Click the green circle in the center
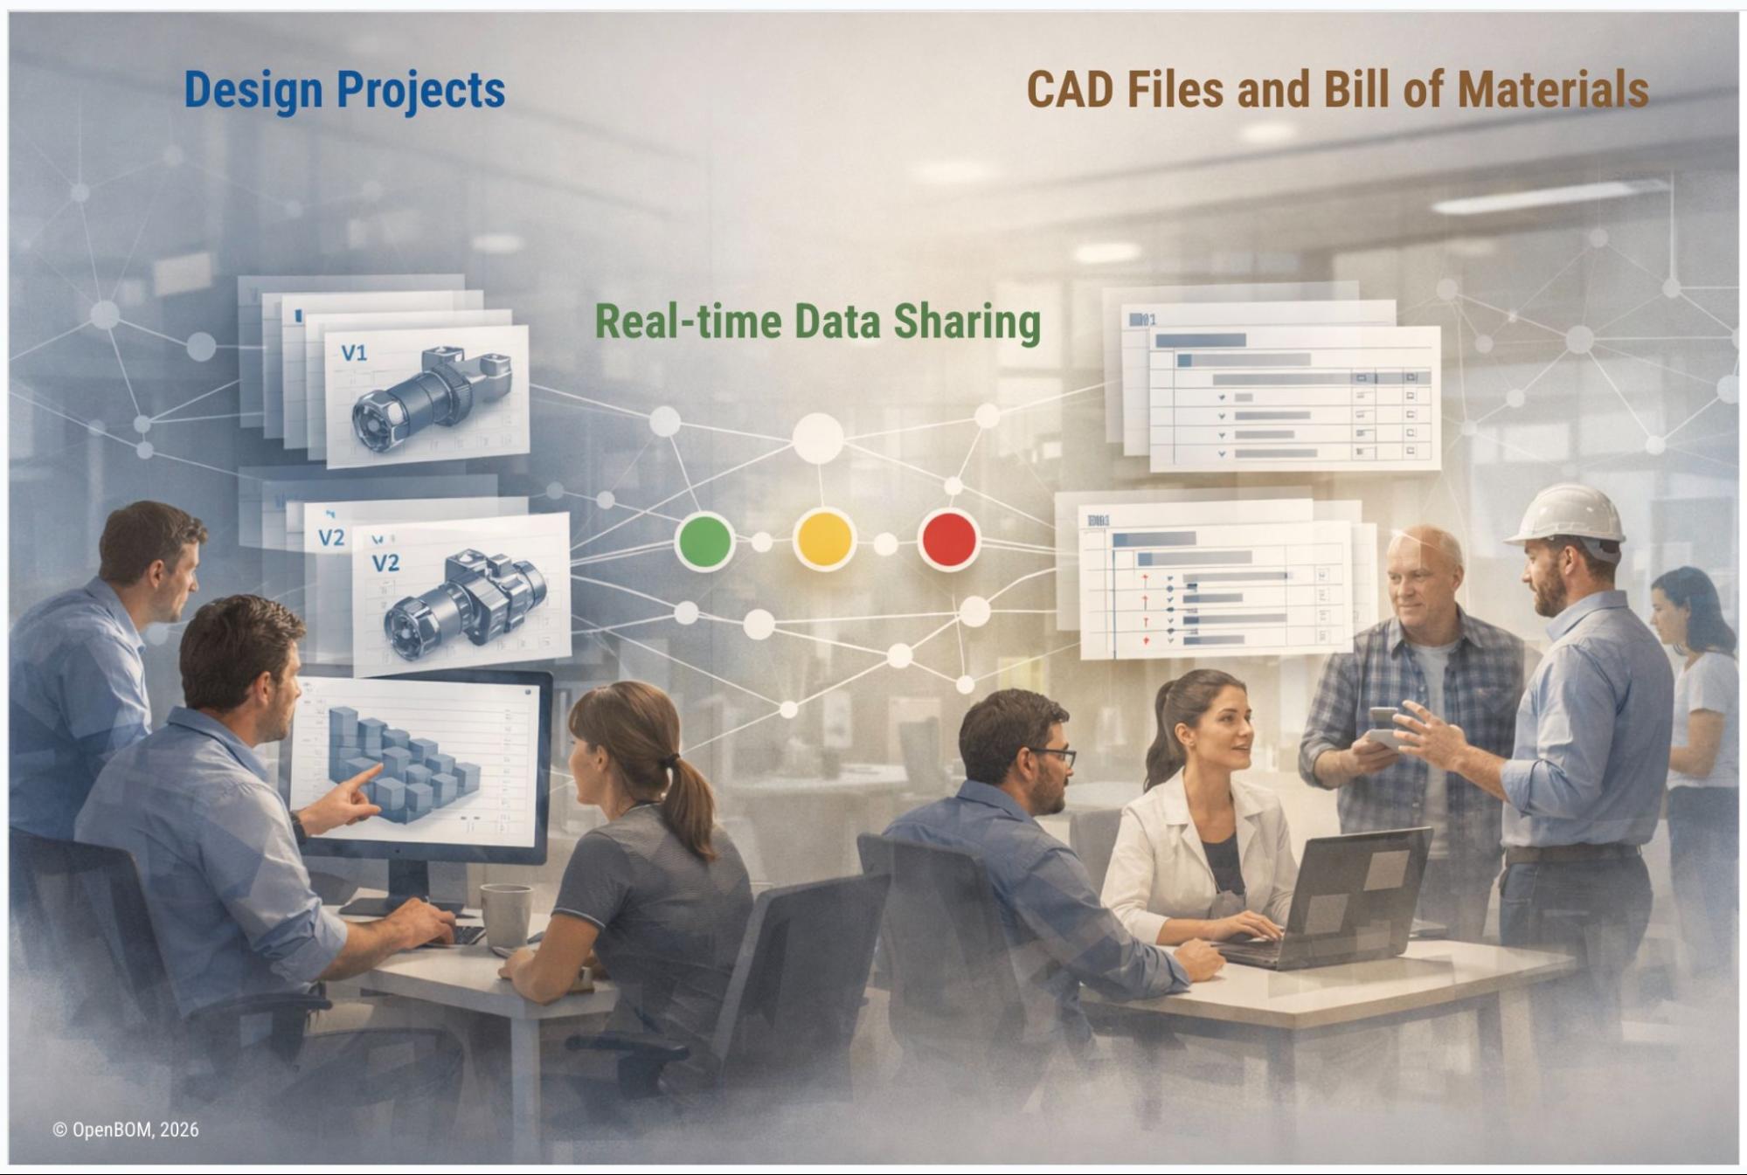click(704, 541)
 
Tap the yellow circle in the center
click(824, 539)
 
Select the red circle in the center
click(949, 539)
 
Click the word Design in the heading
click(253, 90)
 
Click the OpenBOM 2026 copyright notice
click(126, 1130)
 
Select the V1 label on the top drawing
click(354, 353)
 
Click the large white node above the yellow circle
click(818, 438)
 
